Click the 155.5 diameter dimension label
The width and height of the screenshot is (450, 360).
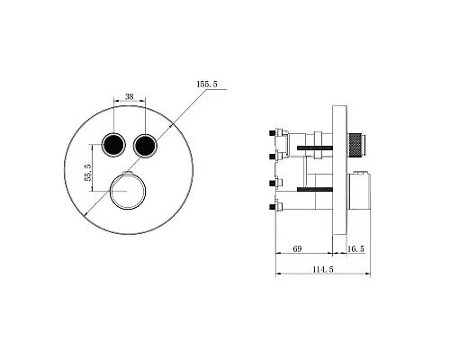coord(207,84)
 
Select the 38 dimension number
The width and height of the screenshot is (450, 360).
coord(130,96)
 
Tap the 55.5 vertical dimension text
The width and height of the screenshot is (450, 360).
coord(88,172)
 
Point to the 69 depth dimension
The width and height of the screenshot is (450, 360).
coord(297,248)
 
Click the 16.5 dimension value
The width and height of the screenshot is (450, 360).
coord(356,248)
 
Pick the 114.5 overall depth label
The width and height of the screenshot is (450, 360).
coord(323,269)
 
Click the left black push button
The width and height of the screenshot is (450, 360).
coord(113,145)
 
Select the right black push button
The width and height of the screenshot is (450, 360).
coord(145,145)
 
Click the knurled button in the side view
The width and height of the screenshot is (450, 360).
coord(356,145)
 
